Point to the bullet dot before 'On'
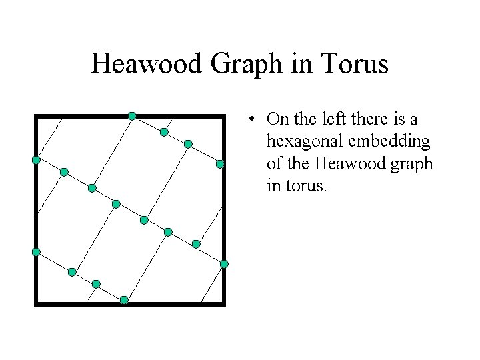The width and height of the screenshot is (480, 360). point(251,120)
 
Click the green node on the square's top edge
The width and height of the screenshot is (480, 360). point(132,116)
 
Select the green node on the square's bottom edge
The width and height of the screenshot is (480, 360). point(124,300)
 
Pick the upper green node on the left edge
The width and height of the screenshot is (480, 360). point(36,160)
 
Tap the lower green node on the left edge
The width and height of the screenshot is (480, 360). point(36,251)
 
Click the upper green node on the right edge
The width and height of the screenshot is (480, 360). point(220,163)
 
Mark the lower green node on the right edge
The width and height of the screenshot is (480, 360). point(224,264)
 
